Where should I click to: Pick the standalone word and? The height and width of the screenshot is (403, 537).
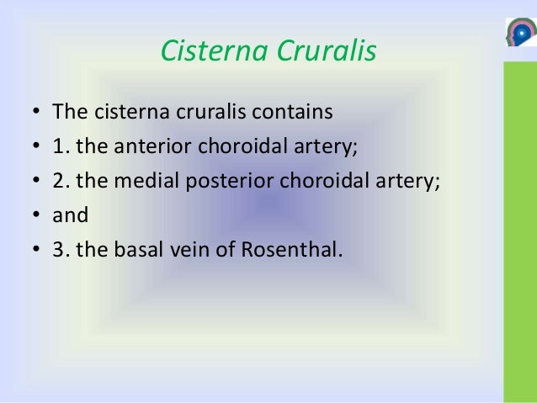[x=70, y=215]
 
